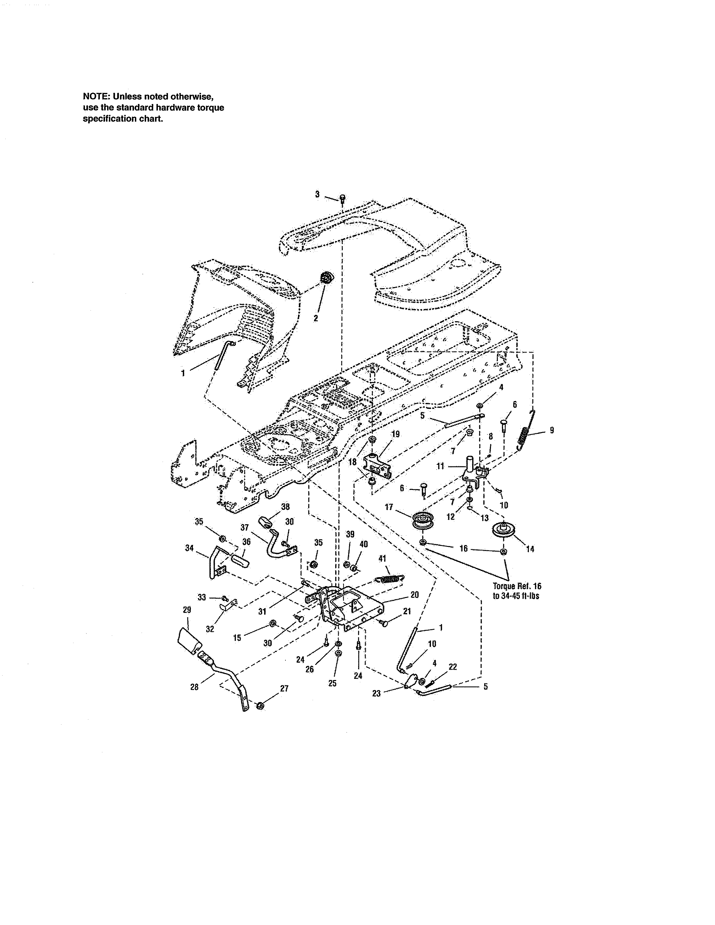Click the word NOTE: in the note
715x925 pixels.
tap(96, 97)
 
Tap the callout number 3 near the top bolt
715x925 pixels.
tap(317, 195)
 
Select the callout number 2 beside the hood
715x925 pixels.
tap(315, 318)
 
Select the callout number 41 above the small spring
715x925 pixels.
tap(382, 559)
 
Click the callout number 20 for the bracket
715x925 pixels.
tap(415, 595)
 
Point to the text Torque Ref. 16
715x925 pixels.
tap(517, 586)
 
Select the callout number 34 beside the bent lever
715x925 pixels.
tap(189, 548)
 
